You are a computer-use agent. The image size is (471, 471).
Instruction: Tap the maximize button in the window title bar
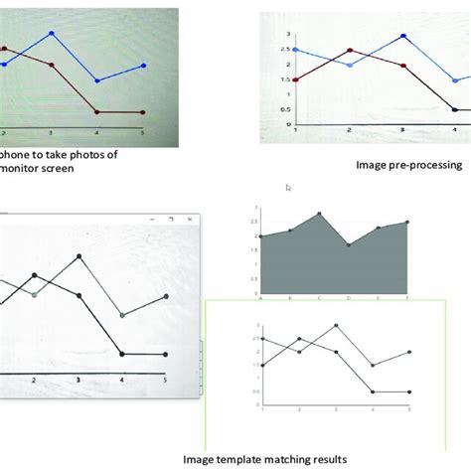[171, 218]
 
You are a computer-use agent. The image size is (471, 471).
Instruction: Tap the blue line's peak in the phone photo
[52, 34]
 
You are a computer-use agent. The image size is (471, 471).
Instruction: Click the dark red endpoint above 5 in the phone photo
[143, 112]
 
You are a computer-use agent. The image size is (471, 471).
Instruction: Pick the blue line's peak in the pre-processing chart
[403, 36]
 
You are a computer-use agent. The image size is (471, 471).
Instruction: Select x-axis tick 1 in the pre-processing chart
[296, 131]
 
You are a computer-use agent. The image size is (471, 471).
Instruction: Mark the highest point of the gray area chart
[320, 214]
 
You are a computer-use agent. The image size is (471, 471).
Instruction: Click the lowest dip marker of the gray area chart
[349, 244]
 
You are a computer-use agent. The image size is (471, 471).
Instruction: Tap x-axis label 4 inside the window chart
[122, 381]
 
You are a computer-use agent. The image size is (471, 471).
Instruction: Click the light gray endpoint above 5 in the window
[163, 297]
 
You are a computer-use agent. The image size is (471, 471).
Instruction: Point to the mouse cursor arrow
[288, 187]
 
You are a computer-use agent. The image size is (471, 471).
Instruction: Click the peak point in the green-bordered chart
[337, 325]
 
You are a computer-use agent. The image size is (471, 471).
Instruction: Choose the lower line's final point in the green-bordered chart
[409, 392]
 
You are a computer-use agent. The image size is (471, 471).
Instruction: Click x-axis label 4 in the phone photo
[96, 131]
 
